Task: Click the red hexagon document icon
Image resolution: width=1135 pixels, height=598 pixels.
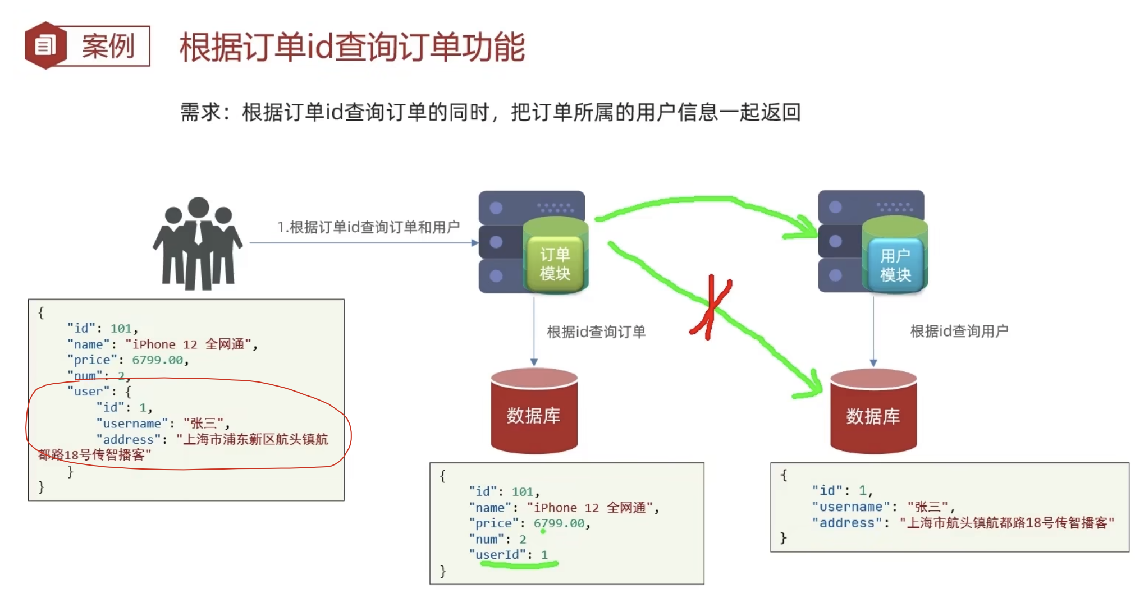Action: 45,45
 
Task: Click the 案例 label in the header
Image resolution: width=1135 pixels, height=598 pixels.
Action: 108,46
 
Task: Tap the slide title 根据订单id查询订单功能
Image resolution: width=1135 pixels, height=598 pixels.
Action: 352,47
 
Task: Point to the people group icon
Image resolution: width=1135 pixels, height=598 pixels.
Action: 198,243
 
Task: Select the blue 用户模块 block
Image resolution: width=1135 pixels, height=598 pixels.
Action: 895,264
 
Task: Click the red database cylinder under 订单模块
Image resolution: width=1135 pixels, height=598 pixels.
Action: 534,412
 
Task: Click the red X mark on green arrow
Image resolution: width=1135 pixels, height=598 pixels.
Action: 711,308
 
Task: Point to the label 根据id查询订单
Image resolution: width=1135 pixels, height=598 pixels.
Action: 596,332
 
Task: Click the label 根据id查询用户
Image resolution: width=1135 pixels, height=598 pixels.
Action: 959,332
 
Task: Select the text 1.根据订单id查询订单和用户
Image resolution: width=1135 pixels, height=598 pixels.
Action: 368,227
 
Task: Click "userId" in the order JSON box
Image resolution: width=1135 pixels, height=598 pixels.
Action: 497,555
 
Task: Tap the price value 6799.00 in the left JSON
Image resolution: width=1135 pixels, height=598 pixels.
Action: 157,360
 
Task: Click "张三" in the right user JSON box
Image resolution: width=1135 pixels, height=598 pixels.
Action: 927,507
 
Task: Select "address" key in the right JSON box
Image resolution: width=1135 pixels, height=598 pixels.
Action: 846,523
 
